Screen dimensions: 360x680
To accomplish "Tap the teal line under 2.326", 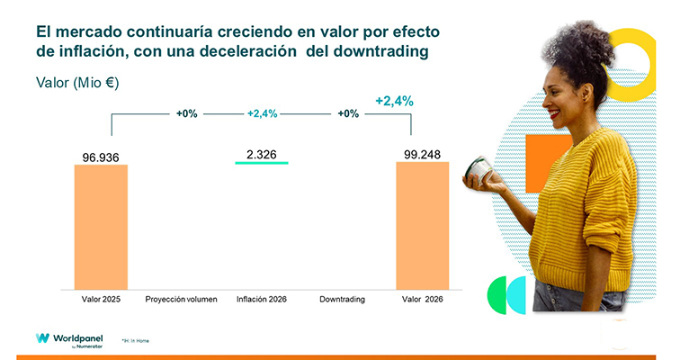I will point(261,163).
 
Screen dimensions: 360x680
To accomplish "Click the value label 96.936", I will point(100,157).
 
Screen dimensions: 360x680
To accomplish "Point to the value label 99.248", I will point(422,155).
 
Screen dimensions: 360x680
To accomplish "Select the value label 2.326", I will point(261,154).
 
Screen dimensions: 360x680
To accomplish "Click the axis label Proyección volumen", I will point(181,298).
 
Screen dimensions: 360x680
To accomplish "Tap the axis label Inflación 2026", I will point(261,298).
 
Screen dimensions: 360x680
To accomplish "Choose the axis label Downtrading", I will point(342,298).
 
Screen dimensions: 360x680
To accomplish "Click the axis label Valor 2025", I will point(100,298).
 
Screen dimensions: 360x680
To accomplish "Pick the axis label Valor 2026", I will point(422,298).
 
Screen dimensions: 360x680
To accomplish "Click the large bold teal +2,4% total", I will point(394,101).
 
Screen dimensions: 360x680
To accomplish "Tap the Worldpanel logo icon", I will point(42,338).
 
